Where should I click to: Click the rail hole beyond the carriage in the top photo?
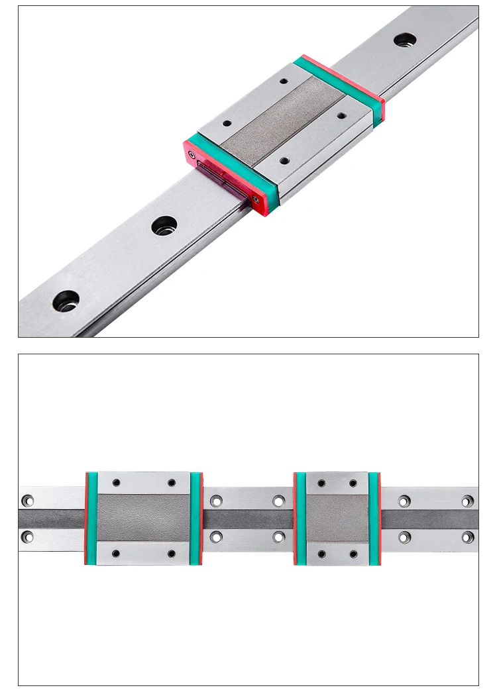[x=404, y=40]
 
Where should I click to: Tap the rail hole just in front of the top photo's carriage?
[x=164, y=225]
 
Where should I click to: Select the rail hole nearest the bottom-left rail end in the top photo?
[x=66, y=301]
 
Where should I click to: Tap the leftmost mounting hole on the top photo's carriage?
[x=225, y=123]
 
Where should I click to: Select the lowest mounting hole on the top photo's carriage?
[x=284, y=160]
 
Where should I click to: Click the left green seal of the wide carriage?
[x=92, y=518]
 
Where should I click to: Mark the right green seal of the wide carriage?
[x=195, y=518]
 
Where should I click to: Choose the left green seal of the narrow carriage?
[x=300, y=518]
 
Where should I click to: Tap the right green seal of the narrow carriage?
[x=374, y=518]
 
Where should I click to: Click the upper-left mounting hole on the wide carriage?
[x=117, y=483]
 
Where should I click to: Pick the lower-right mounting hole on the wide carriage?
[x=171, y=553]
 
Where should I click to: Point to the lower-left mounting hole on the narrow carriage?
[x=321, y=553]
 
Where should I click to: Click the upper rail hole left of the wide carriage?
[x=27, y=501]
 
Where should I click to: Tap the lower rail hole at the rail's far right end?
[x=467, y=536]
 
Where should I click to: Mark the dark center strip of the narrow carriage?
[x=337, y=518]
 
